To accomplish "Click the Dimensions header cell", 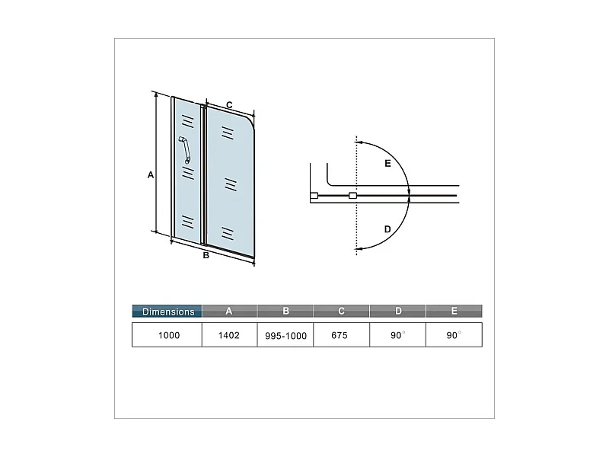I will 167,311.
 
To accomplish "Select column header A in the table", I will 229,311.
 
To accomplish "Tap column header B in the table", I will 285,311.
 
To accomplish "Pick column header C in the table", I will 342,311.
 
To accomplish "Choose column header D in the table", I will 398,311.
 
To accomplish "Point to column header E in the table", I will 454,311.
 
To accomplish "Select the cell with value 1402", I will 229,335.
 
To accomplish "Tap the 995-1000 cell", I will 285,335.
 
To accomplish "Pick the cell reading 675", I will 340,335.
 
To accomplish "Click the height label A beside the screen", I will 151,175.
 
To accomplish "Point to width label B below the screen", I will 206,255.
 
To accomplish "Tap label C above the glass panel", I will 228,104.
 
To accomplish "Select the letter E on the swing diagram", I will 387,164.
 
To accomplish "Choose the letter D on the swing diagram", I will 387,228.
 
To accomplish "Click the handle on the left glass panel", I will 185,149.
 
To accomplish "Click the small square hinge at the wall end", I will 314,197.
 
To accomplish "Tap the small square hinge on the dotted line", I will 352,197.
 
